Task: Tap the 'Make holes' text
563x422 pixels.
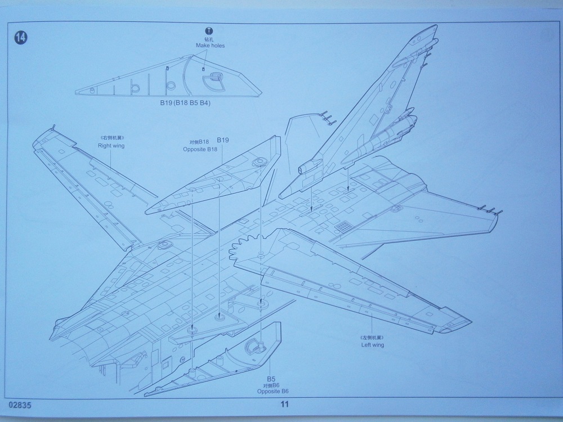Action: pos(210,46)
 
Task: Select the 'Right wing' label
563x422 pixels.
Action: pos(111,146)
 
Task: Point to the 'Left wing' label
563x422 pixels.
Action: pos(372,344)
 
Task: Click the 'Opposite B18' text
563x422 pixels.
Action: pos(200,149)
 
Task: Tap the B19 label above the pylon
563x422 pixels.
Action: pos(223,141)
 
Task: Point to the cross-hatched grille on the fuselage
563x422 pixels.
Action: pos(342,226)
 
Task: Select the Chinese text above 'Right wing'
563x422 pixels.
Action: pos(111,138)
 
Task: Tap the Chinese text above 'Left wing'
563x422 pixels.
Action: pos(372,337)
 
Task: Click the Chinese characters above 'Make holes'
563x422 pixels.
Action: pos(210,39)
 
